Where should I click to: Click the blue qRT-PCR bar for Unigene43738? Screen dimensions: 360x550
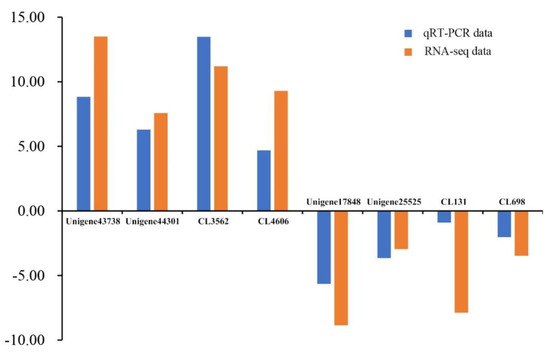click(x=84, y=154)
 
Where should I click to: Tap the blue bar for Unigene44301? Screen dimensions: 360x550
click(x=144, y=170)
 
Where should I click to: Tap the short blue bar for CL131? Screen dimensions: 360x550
click(x=444, y=216)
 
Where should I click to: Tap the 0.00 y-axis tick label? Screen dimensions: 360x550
click(x=29, y=211)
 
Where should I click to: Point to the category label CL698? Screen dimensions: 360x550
click(x=513, y=203)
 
